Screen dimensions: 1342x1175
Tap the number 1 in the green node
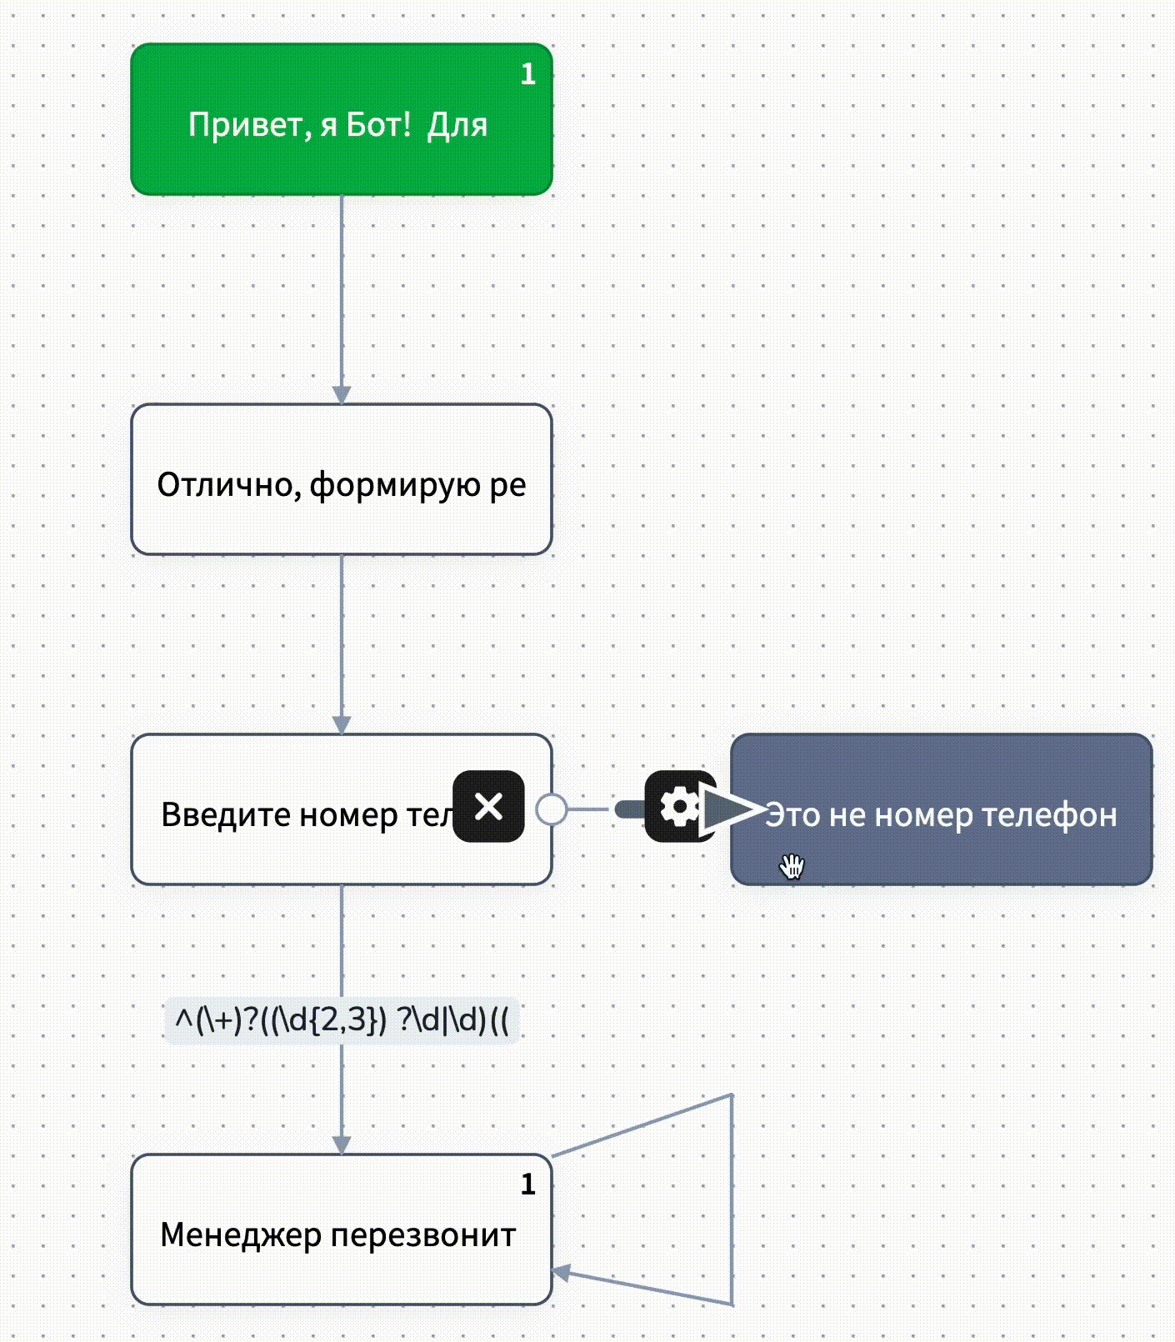(527, 75)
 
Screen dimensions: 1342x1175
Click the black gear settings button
(679, 806)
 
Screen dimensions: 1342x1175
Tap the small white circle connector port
(551, 809)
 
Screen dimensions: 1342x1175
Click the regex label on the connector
(342, 1019)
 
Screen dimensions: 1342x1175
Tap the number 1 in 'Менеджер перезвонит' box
(527, 1184)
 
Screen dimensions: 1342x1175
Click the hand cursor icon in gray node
(792, 866)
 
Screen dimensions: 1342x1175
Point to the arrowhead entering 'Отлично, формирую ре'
(342, 394)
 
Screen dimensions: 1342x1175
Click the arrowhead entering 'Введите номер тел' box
(342, 724)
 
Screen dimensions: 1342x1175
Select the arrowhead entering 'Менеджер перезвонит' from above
(342, 1144)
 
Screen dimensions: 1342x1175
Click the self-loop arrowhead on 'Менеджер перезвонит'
(562, 1273)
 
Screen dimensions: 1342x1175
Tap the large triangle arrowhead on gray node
(728, 809)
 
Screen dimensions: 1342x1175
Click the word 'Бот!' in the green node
(378, 125)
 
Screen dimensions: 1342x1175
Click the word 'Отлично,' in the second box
(229, 485)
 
